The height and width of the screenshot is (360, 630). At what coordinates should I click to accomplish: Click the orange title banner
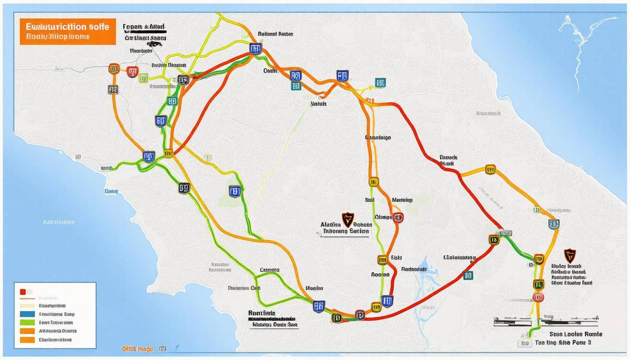pos(67,31)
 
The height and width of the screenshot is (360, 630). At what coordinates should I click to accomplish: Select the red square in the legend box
pos(22,292)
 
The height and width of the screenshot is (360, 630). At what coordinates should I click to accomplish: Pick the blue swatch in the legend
pos(27,314)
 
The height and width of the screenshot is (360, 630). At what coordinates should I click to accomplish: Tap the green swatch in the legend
pos(27,322)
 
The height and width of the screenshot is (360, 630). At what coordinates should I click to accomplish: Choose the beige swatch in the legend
pos(27,306)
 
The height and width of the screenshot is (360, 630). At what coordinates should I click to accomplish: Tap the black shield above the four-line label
pos(569,255)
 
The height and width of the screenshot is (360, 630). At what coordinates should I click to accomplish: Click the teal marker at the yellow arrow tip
pos(381,83)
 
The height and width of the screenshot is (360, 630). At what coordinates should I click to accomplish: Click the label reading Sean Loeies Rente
pos(576,334)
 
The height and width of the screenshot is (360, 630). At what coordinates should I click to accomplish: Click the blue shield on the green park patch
pos(234,191)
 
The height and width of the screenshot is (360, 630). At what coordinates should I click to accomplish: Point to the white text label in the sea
pos(59,222)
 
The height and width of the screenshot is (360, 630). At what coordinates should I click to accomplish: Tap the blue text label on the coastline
pos(111,191)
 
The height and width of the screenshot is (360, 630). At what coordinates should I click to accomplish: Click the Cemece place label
pos(270,270)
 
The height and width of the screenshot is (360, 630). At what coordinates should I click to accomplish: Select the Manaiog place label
pos(402,200)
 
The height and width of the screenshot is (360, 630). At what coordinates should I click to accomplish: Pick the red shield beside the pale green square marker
pos(132,72)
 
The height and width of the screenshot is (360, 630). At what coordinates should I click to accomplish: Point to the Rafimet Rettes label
pos(275,34)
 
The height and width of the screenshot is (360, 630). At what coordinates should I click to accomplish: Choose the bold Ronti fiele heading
pos(262,313)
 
